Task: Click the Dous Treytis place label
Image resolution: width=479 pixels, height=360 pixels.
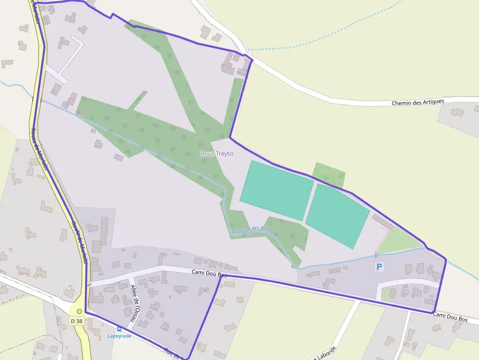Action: point(217,153)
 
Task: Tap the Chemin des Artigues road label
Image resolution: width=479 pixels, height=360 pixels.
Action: point(418,103)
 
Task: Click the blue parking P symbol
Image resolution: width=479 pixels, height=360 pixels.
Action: point(379,267)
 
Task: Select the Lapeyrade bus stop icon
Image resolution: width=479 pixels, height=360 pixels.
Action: point(119,329)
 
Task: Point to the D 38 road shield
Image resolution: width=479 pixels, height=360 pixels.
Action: point(76,321)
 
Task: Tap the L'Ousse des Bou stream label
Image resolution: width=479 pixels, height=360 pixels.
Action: point(252,229)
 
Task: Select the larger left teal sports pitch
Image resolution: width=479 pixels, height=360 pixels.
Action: point(276,190)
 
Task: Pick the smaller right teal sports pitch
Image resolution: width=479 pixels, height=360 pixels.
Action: point(337,216)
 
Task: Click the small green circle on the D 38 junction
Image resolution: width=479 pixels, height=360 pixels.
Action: point(79,311)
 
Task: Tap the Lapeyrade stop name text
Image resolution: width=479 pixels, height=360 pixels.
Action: point(119,336)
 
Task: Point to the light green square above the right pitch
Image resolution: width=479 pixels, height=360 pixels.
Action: point(329,174)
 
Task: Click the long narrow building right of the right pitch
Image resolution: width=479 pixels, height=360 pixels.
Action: point(382,222)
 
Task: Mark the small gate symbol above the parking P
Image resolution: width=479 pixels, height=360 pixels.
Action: point(376,255)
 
